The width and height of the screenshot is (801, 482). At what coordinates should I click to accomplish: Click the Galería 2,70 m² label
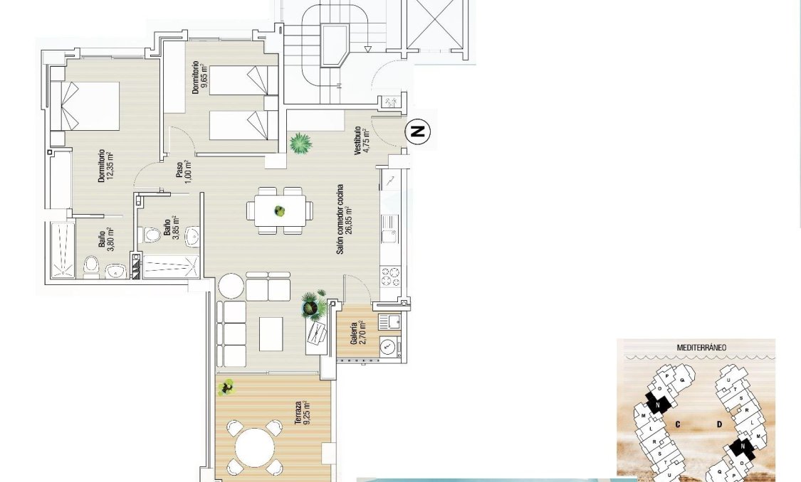click(358, 332)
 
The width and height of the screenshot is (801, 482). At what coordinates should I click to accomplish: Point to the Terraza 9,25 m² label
click(302, 412)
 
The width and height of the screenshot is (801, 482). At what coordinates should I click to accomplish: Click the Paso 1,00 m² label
click(183, 171)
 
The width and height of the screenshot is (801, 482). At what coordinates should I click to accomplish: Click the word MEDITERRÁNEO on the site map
click(701, 348)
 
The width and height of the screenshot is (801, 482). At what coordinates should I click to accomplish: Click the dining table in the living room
click(280, 211)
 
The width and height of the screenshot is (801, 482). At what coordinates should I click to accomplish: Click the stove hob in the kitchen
click(390, 275)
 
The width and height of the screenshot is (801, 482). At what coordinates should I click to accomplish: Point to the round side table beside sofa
click(231, 286)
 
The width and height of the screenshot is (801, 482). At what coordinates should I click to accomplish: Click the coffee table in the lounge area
click(271, 333)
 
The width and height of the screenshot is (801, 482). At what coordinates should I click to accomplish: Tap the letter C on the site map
click(678, 424)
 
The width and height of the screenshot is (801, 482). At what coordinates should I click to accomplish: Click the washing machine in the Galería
click(388, 347)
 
